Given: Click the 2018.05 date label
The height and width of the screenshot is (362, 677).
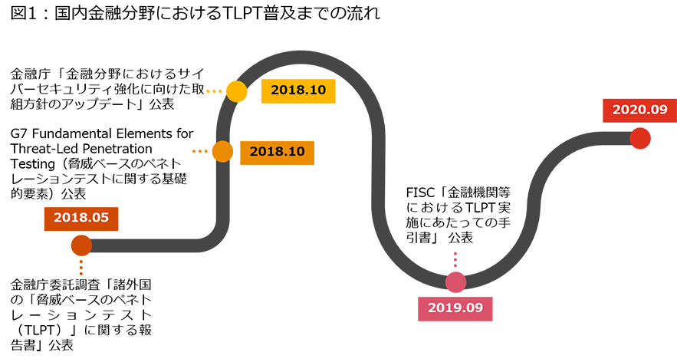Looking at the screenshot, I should click(x=81, y=218).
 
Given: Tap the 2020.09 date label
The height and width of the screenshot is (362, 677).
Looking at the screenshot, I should click(x=639, y=110).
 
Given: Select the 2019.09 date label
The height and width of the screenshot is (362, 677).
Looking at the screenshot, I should click(x=455, y=308).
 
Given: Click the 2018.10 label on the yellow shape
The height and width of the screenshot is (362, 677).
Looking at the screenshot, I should click(x=298, y=90).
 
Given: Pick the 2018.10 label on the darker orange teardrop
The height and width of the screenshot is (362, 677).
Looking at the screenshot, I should click(x=277, y=151).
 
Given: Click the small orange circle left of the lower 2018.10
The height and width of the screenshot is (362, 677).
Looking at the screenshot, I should click(x=222, y=150).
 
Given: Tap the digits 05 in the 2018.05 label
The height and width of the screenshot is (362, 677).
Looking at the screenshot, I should click(x=100, y=218).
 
